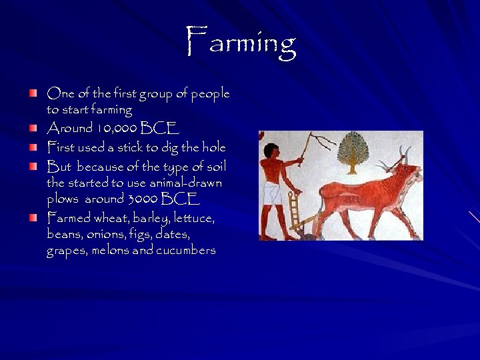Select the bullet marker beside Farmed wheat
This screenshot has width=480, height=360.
(33, 218)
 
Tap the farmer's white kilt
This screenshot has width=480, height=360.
(271, 194)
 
